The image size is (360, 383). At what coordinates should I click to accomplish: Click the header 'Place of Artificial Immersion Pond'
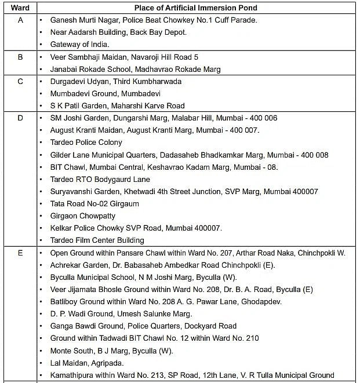pyautogui.click(x=196, y=8)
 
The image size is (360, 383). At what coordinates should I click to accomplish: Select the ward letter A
pyautogui.click(x=20, y=20)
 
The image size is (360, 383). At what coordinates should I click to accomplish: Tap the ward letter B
pyautogui.click(x=20, y=57)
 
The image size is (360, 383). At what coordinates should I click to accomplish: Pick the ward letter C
pyautogui.click(x=20, y=81)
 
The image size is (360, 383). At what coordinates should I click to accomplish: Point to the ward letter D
pyautogui.click(x=20, y=118)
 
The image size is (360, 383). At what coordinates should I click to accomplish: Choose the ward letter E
pyautogui.click(x=20, y=253)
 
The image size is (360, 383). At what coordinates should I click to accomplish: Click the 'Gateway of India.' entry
pyautogui.click(x=79, y=44)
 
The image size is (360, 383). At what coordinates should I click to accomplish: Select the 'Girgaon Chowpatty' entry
pyautogui.click(x=83, y=216)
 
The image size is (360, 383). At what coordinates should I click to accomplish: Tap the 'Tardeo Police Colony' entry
pyautogui.click(x=86, y=142)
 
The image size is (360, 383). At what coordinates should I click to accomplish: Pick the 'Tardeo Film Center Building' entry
pyautogui.click(x=97, y=240)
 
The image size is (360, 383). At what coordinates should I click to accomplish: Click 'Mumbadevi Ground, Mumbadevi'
pyautogui.click(x=106, y=93)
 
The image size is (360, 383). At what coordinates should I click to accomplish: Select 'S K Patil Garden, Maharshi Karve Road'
pyautogui.click(x=118, y=105)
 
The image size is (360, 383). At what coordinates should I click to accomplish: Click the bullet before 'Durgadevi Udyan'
pyautogui.click(x=41, y=81)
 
